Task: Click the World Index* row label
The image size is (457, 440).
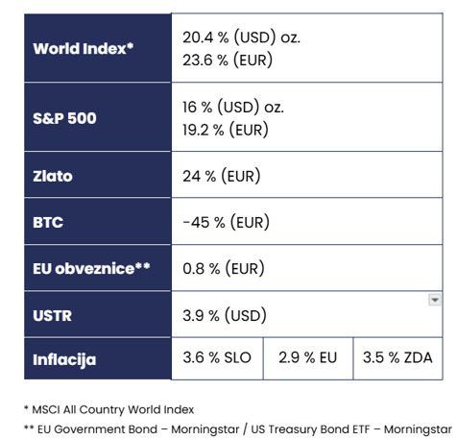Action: [84, 49]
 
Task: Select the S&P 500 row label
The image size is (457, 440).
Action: [64, 118]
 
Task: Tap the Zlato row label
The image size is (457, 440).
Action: [53, 176]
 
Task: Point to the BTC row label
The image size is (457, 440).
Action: [48, 222]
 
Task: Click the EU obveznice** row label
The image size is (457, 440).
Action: [91, 268]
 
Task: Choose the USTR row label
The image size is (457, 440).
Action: [53, 315]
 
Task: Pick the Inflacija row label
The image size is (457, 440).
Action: [64, 360]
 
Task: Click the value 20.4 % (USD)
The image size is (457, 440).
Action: [229, 37]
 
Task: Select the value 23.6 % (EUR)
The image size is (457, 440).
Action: [228, 61]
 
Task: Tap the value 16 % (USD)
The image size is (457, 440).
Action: [221, 107]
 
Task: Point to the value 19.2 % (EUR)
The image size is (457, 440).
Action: [226, 130]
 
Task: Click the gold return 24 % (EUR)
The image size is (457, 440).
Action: [222, 176]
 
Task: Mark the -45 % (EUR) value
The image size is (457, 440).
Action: [226, 222]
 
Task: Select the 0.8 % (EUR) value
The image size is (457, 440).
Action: [224, 268]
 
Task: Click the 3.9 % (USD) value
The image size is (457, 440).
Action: [225, 315]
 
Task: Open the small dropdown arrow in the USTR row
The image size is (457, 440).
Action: [435, 300]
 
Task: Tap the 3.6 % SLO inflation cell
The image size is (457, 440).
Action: [217, 357]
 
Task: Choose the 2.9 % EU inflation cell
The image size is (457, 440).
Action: [308, 357]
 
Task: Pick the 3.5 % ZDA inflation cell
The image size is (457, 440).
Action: [397, 357]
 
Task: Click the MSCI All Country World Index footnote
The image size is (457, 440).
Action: [109, 409]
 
